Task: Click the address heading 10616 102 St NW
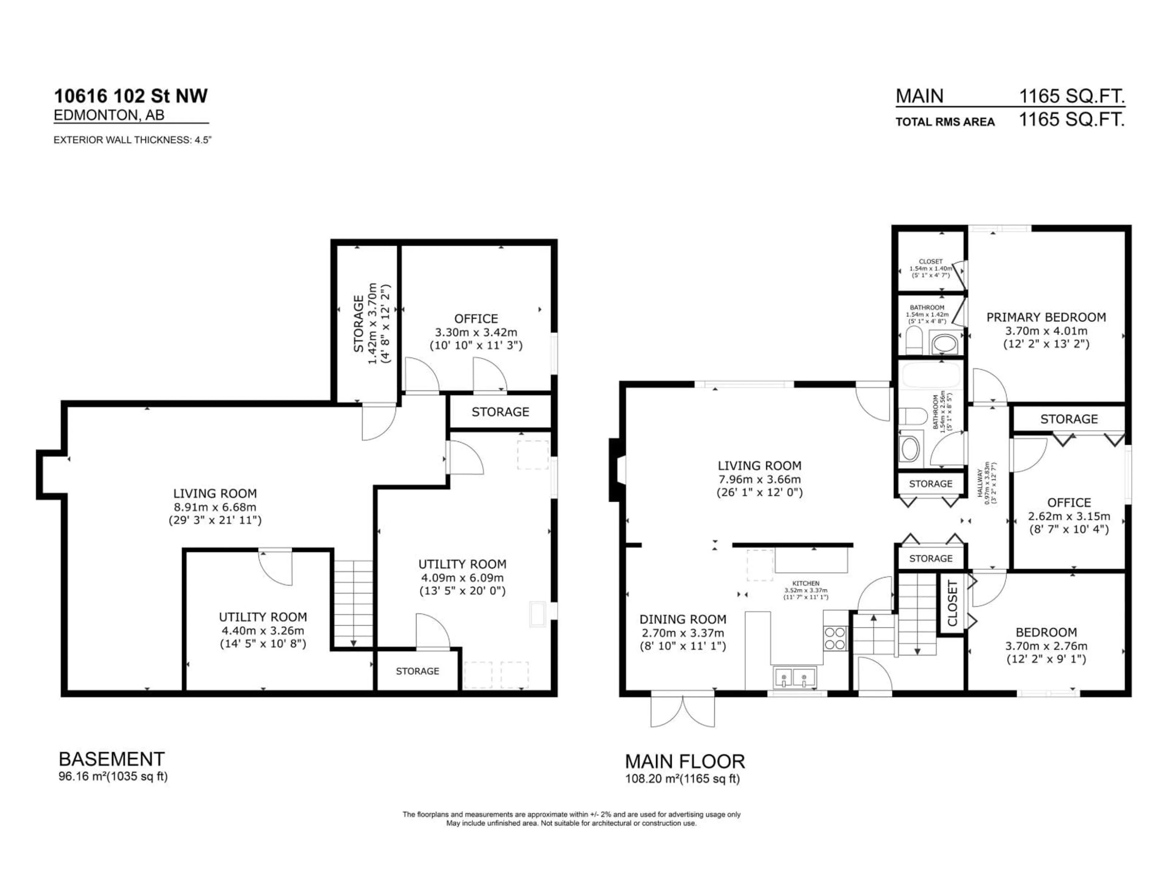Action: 131,96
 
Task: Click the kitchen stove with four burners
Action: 835,638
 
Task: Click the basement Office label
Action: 476,319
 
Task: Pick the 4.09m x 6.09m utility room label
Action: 462,578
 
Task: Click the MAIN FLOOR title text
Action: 685,761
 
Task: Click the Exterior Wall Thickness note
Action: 133,140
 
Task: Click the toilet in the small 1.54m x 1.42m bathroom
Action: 913,340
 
